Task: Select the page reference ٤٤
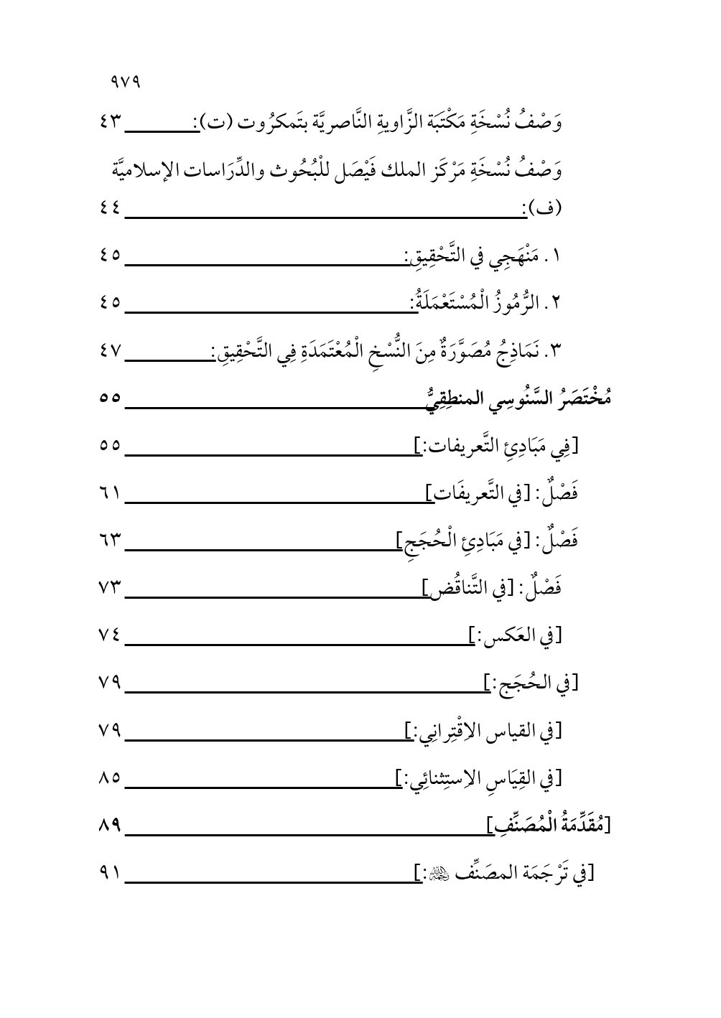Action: tap(111, 210)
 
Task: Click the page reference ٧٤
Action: tap(111, 635)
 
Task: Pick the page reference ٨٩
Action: tap(111, 826)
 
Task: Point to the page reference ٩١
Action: tap(111, 873)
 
